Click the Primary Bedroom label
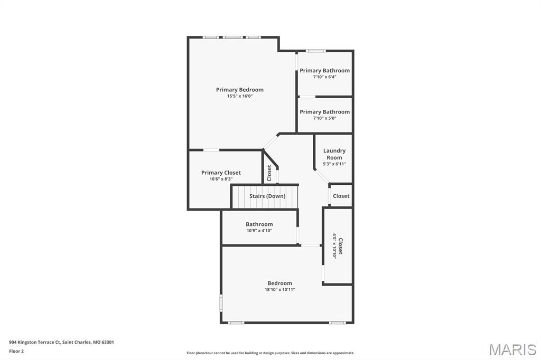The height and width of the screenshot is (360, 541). click(x=239, y=90)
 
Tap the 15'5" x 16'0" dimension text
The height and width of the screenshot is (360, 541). click(x=239, y=96)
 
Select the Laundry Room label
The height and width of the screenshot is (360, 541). click(x=334, y=154)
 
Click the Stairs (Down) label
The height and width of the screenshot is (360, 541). click(x=267, y=196)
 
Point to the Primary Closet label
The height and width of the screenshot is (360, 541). click(x=221, y=173)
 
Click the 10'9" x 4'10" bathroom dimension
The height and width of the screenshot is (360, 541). click(x=259, y=231)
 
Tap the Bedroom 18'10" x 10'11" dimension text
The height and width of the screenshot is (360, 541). click(x=279, y=290)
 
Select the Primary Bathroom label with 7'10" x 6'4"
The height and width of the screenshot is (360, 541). click(x=324, y=71)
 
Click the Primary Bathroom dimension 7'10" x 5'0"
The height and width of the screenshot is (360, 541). click(x=324, y=118)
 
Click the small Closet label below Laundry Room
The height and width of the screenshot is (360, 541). click(x=341, y=196)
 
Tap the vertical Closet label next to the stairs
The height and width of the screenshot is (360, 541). click(x=269, y=173)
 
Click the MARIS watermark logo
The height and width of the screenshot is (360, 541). click(x=512, y=349)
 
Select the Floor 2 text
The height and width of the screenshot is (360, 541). click(x=16, y=351)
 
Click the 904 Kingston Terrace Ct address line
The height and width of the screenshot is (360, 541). click(x=61, y=342)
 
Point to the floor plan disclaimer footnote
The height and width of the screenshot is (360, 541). click(x=270, y=353)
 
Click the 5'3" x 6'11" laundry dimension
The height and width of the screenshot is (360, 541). click(x=334, y=164)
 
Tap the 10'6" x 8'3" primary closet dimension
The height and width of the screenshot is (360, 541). click(x=221, y=179)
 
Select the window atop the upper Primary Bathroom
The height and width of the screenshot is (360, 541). click(x=316, y=51)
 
